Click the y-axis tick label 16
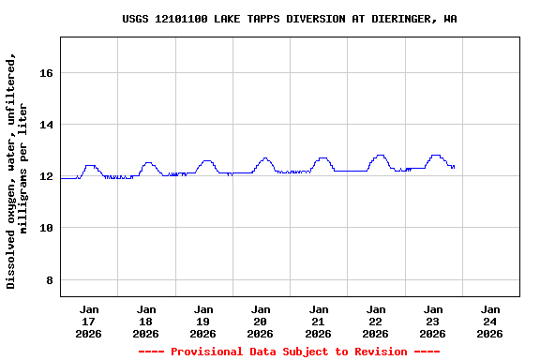pos(46,73)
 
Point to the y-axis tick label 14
pos(46,125)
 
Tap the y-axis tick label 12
pos(46,176)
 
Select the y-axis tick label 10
pos(46,228)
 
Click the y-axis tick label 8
pos(50,280)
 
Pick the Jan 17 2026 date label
pos(89,321)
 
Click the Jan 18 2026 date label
pos(146,321)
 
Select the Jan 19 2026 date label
pos(203,321)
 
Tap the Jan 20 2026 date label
pos(261,321)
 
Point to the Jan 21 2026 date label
pos(319,321)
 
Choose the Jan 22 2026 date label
pos(376,321)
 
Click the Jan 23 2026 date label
pos(433,321)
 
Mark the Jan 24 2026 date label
pos(490,321)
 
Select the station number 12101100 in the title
pos(185,19)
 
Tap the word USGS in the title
pos(136,19)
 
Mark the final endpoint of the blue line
pos(454,167)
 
